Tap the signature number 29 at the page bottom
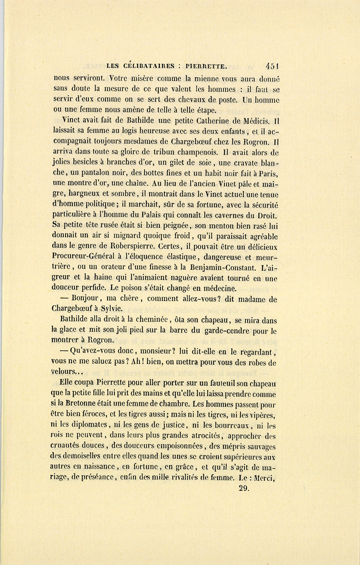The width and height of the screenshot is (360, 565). pos(244,488)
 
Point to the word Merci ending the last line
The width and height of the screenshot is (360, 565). pos(266,477)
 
